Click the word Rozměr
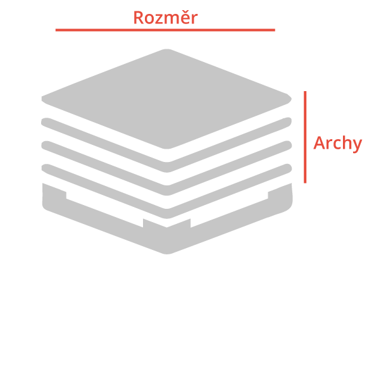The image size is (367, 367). (x=166, y=17)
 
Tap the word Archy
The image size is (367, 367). (x=337, y=143)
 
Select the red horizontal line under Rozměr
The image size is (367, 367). (x=165, y=30)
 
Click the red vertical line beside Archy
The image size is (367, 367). (x=305, y=137)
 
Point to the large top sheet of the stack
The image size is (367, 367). (x=166, y=99)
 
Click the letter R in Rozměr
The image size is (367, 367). (x=139, y=18)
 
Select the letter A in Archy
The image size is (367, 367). (x=320, y=142)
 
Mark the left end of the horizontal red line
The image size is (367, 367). (x=56, y=30)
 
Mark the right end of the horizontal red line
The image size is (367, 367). (x=275, y=30)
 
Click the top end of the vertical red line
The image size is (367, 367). (x=305, y=91)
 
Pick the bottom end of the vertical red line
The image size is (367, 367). (x=305, y=183)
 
